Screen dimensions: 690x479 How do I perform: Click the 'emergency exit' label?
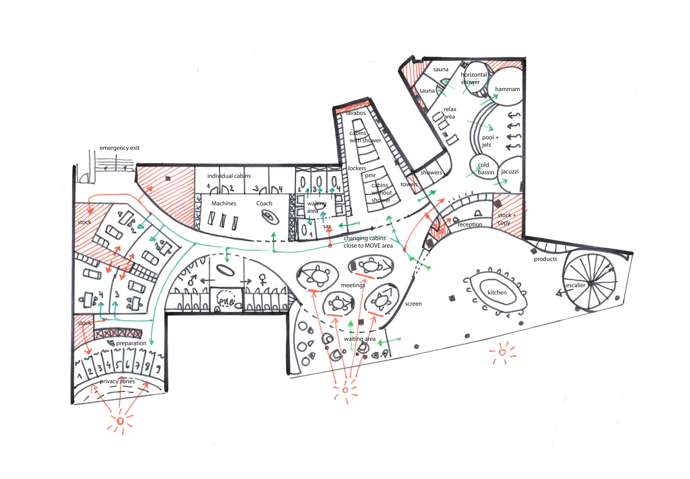[x=120, y=148]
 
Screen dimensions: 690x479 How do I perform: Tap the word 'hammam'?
[x=507, y=89]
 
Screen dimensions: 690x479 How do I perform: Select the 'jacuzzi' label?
[x=509, y=172]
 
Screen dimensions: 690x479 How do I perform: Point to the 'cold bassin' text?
[x=485, y=168]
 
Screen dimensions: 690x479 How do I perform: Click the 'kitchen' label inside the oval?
[x=497, y=292]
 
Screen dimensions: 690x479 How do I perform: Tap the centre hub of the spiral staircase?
[x=590, y=283]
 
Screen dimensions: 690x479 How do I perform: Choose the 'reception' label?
[x=470, y=224]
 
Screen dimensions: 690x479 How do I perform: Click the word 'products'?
[x=545, y=259]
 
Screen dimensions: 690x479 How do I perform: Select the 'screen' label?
[x=413, y=304]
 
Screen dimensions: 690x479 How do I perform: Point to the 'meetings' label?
[x=353, y=285]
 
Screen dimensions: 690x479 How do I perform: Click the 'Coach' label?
[x=264, y=203]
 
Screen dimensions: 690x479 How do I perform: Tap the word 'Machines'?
[x=224, y=203]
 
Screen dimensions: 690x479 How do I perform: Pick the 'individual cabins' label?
[x=229, y=176]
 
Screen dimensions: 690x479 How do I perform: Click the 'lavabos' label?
[x=356, y=113]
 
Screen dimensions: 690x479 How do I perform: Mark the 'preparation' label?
[x=131, y=343]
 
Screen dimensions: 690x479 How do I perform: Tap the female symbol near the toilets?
[x=263, y=279]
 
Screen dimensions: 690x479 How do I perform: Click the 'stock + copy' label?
[x=506, y=219]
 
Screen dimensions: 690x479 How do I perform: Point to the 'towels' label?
[x=408, y=184]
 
